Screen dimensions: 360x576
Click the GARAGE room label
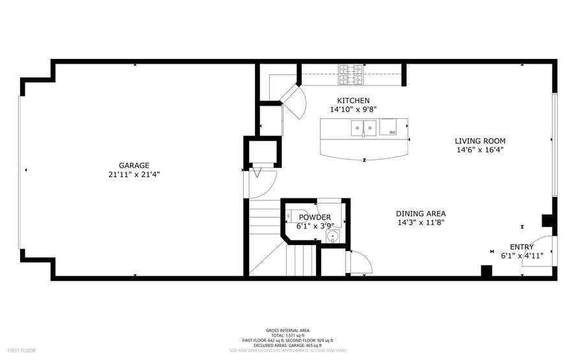point(134,165)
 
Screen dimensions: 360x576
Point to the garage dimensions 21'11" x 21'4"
point(134,174)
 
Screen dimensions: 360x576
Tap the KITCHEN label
point(353,101)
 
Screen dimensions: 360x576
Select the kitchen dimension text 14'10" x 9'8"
point(353,110)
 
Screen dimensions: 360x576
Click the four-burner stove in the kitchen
point(351,75)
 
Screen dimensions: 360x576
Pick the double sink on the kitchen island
point(364,128)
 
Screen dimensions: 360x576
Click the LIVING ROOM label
point(479,141)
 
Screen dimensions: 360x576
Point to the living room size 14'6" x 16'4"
point(479,150)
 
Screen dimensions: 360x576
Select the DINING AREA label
point(421,213)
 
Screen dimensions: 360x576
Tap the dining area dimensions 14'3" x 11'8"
point(421,222)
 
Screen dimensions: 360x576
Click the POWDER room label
point(315,217)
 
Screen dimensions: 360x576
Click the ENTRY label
point(522,246)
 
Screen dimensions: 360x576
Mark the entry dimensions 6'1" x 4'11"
point(522,256)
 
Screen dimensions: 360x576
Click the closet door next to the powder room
point(359,262)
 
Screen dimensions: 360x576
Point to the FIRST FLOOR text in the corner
point(18,350)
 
